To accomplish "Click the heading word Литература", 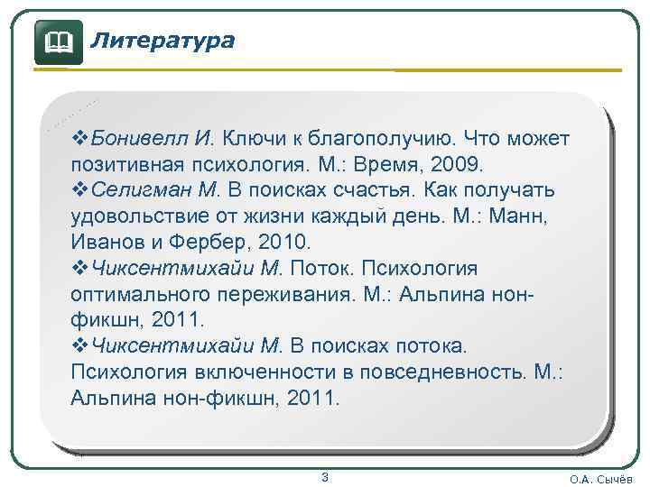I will coord(163,40).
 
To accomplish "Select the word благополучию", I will coord(385,140).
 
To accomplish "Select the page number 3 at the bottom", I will coord(325,476).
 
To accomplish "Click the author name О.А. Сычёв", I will coord(601,479).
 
